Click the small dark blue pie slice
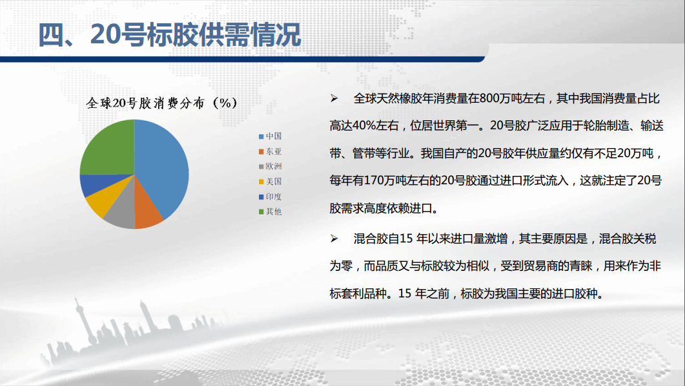tap(94, 184)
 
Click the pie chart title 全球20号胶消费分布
tap(145, 103)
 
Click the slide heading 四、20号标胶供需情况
tap(170, 34)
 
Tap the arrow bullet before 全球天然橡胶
tap(334, 98)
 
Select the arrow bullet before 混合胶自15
tap(334, 239)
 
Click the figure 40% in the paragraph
tap(364, 125)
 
